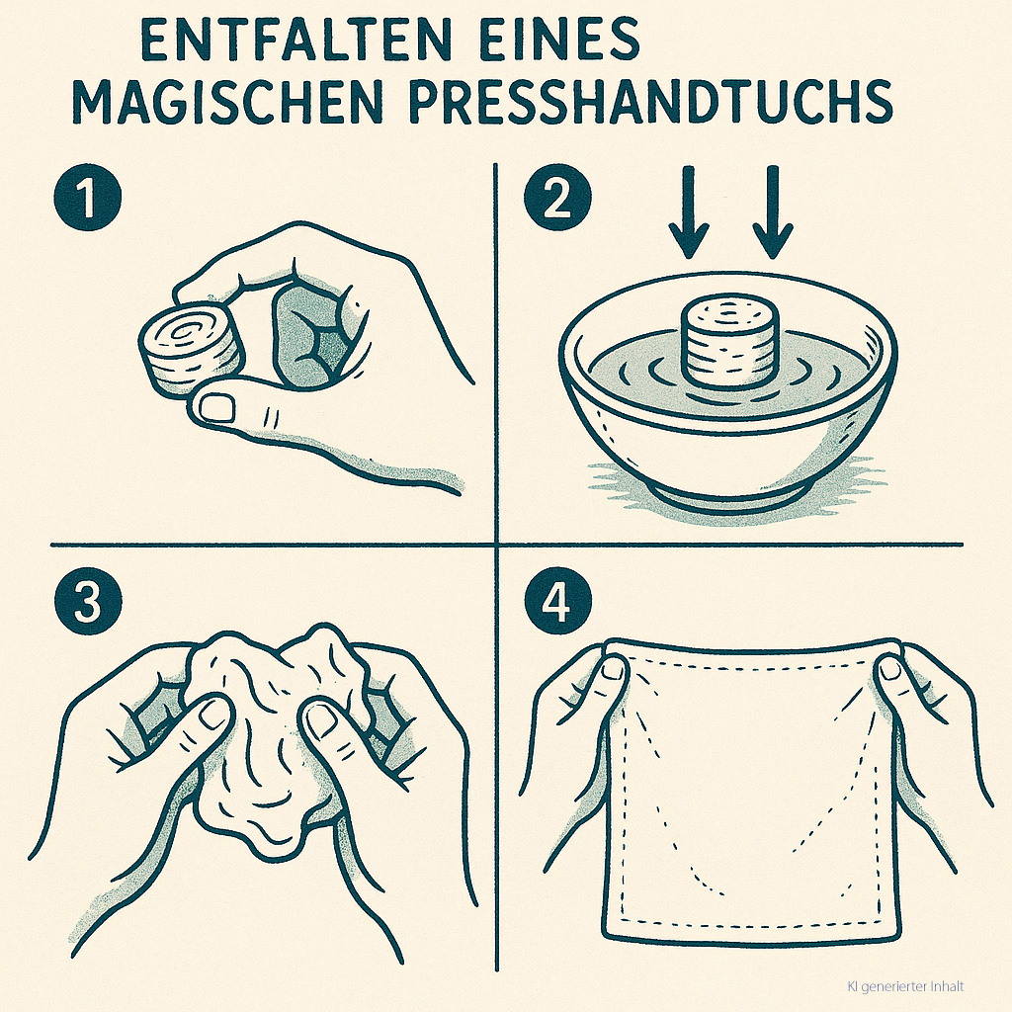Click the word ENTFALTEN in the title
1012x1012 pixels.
(x=295, y=39)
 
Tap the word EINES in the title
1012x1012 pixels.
(x=559, y=39)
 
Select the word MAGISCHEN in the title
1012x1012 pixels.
(x=228, y=102)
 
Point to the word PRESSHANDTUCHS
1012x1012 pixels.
(x=651, y=102)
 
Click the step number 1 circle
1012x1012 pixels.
(x=88, y=198)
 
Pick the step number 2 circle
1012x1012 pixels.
(x=557, y=198)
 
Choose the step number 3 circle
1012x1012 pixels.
(x=88, y=601)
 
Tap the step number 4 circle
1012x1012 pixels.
(x=557, y=601)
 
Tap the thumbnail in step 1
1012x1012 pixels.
(x=216, y=407)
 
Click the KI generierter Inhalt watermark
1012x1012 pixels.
(x=905, y=986)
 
